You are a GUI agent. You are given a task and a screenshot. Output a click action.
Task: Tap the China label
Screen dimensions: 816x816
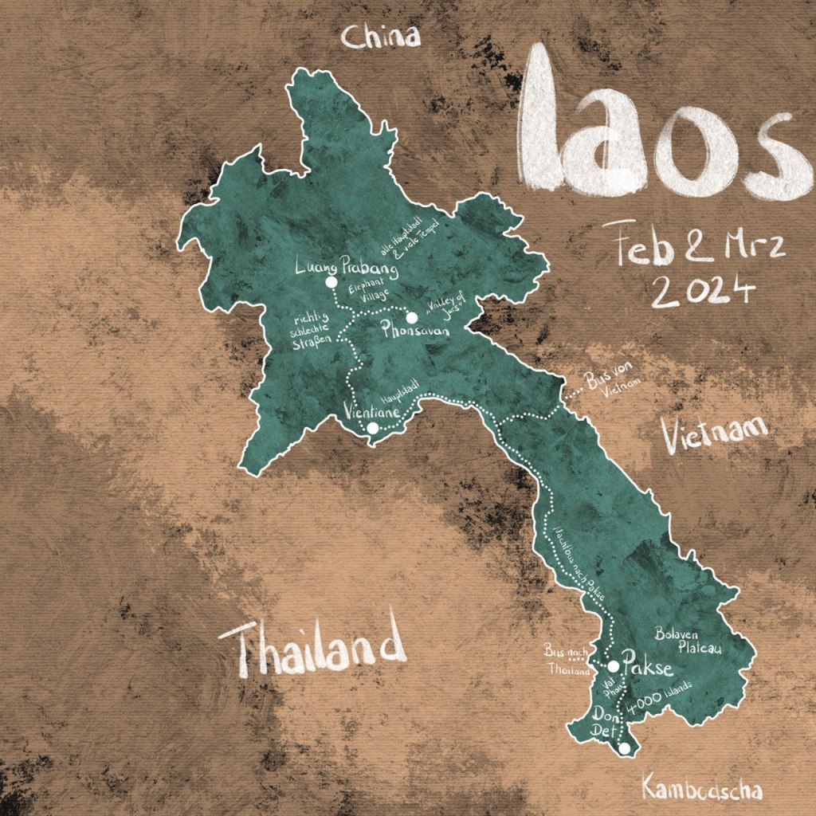click(x=380, y=37)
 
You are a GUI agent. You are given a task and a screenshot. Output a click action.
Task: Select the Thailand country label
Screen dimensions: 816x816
click(x=312, y=648)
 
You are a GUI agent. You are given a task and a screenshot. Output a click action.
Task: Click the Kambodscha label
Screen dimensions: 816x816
click(x=701, y=789)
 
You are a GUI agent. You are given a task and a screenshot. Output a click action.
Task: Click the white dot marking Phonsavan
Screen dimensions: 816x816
click(x=412, y=317)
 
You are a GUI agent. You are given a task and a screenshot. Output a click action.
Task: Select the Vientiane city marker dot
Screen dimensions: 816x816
click(x=372, y=428)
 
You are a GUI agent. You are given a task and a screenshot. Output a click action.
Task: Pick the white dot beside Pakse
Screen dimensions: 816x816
click(x=614, y=665)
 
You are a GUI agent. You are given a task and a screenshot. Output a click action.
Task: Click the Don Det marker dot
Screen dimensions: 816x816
click(x=626, y=747)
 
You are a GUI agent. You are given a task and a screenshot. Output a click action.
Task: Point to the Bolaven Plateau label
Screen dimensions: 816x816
click(x=688, y=641)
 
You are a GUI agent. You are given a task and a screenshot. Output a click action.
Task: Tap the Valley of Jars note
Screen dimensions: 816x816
click(x=445, y=308)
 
